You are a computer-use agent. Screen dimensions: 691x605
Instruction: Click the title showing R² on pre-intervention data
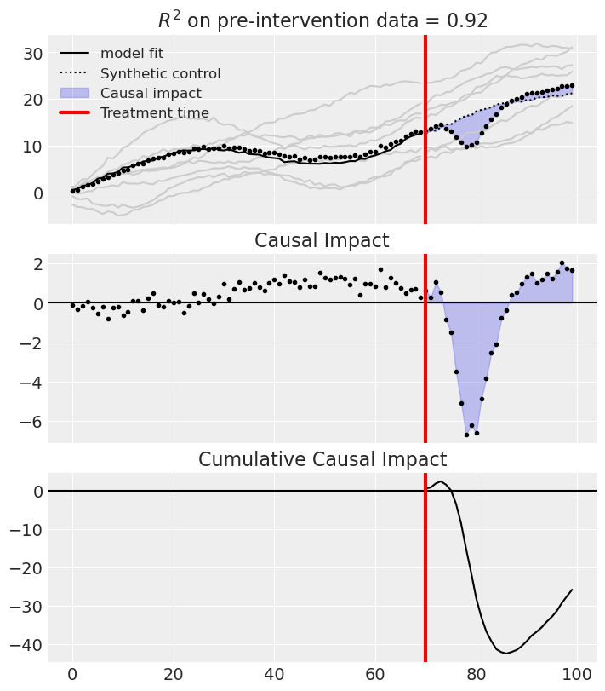click(322, 20)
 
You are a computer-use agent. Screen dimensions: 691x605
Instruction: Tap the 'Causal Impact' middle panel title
click(322, 240)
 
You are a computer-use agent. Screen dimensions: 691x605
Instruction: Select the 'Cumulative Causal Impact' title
click(322, 459)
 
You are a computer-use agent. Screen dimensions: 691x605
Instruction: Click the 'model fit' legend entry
click(132, 53)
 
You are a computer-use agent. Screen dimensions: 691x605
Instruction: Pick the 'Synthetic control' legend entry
click(160, 73)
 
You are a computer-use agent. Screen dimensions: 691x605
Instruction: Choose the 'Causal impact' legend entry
click(149, 93)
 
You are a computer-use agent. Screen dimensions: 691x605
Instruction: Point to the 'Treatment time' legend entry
click(154, 112)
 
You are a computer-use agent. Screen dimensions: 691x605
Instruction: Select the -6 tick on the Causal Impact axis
click(30, 421)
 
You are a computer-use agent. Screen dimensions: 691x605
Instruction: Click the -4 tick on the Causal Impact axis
click(30, 382)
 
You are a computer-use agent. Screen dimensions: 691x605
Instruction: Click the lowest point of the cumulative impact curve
click(506, 654)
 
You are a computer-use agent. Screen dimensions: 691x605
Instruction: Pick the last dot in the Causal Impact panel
click(572, 270)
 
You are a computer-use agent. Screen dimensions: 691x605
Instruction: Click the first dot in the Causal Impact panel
click(72, 305)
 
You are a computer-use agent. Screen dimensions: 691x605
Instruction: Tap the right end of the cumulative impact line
click(572, 590)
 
